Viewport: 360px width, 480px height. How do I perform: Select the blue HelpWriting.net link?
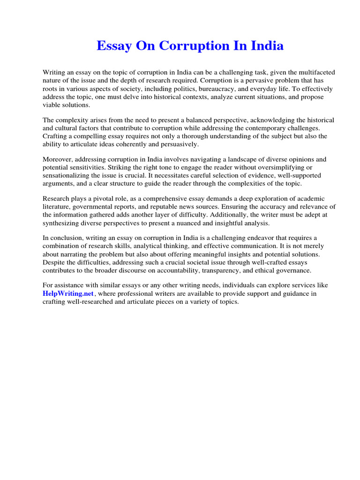click(68, 293)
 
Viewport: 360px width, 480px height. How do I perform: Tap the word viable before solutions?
click(52, 105)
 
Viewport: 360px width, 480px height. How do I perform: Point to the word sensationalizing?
click(70, 176)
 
